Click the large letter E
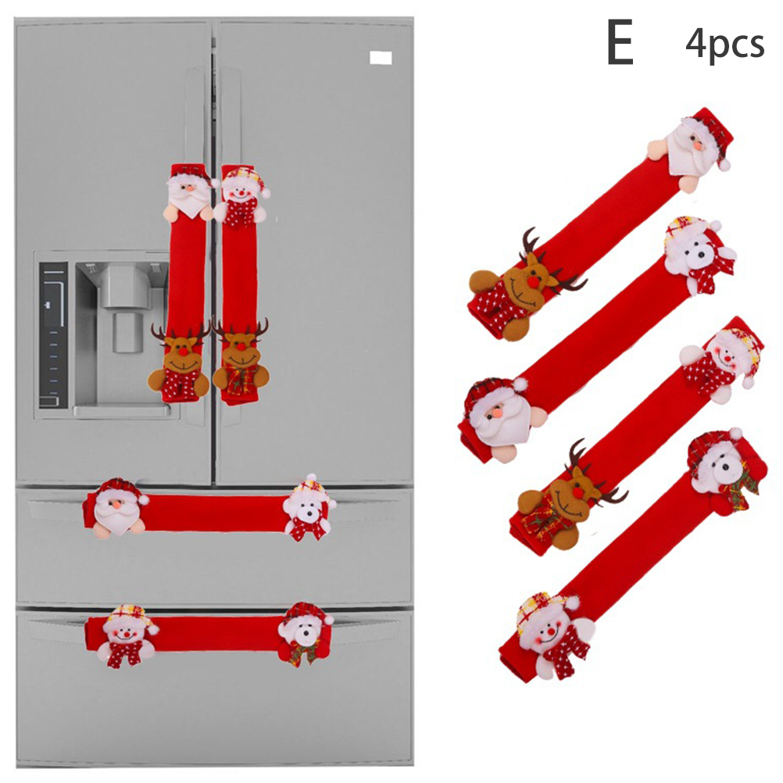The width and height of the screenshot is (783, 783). pos(620,42)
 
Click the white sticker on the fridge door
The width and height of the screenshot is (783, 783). pos(381,58)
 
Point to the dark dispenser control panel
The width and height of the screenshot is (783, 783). pos(53,334)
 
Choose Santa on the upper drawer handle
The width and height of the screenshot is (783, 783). pos(119,509)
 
